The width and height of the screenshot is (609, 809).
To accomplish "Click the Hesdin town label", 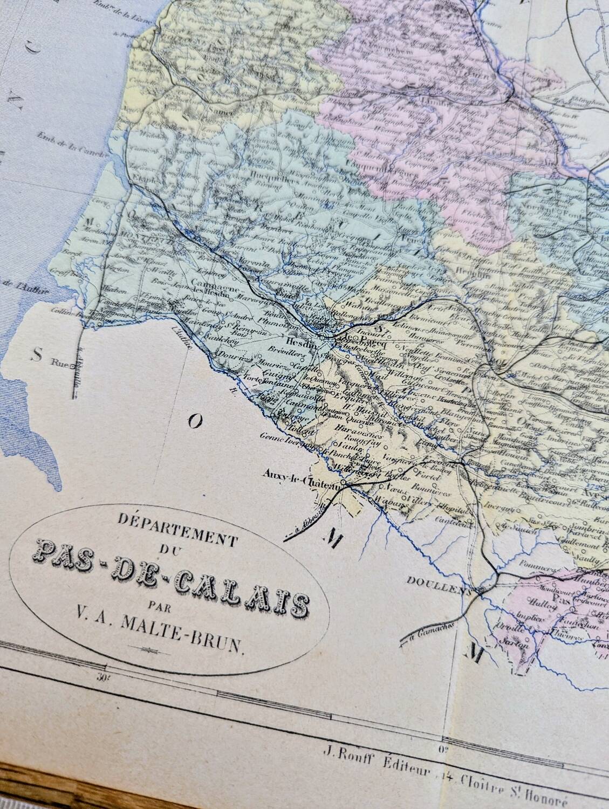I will (296, 342).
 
